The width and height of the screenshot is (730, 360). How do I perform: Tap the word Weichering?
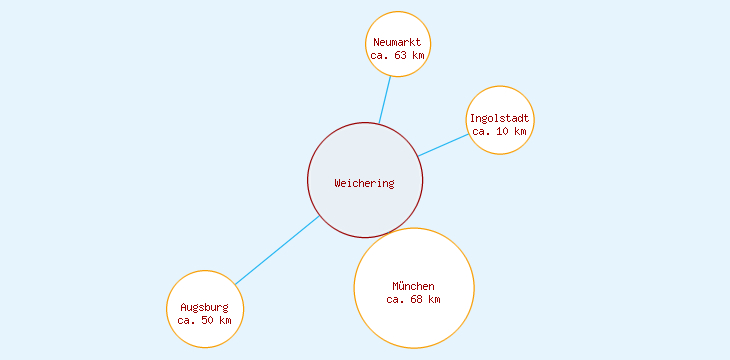(364, 183)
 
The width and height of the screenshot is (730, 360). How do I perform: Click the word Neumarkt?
(398, 43)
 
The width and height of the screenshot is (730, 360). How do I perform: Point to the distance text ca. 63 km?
(398, 56)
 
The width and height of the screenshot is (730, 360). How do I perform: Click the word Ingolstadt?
(500, 118)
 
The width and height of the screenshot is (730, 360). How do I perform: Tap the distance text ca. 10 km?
(500, 131)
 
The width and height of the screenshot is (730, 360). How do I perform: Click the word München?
(413, 286)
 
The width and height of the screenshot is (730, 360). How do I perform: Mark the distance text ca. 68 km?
(413, 299)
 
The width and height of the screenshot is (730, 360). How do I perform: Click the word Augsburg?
(204, 307)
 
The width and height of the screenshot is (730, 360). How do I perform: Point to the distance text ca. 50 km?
(204, 320)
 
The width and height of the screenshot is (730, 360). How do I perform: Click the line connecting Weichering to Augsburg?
(277, 249)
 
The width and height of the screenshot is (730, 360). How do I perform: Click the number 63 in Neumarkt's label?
(401, 56)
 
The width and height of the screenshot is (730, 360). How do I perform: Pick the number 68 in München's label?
(416, 299)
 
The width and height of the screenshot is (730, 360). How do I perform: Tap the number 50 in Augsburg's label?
(207, 320)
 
